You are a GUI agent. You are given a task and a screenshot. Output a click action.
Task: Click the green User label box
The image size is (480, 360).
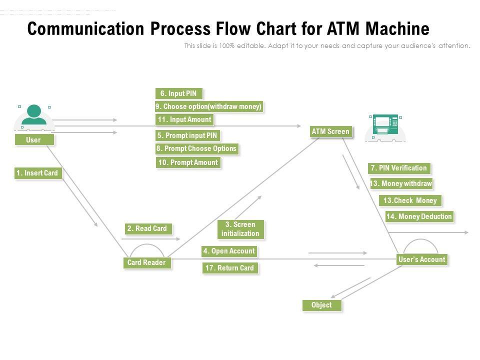point(33,140)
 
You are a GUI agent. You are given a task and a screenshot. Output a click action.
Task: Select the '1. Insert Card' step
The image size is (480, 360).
point(37,173)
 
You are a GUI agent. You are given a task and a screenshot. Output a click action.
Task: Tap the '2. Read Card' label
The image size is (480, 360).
point(147,228)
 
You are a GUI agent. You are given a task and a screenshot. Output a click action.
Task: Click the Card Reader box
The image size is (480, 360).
point(146,262)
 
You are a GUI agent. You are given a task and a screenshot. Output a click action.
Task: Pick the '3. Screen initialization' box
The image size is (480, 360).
point(240,229)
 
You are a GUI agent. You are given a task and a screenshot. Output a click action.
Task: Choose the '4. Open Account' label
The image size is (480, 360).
point(229,251)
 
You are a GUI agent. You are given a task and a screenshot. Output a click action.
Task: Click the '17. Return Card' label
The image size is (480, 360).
point(230,268)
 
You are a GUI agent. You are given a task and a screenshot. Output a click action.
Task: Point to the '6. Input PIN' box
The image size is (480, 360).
point(179,93)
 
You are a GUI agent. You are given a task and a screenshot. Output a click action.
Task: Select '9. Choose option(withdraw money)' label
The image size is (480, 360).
point(208,106)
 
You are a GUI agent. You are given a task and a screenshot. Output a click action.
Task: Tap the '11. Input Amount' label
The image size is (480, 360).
point(185,119)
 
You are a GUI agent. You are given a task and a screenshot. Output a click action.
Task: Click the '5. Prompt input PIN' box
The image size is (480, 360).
point(187,135)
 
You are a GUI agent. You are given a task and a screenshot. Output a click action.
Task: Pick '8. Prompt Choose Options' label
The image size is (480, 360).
point(196,148)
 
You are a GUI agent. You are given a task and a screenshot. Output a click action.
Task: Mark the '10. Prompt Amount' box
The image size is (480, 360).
point(188,162)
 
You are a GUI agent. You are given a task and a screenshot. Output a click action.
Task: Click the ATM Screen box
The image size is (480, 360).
point(330,131)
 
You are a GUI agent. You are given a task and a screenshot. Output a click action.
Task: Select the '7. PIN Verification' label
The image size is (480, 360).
point(399,168)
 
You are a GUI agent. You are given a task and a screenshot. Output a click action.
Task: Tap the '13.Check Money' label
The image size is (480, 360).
point(410,200)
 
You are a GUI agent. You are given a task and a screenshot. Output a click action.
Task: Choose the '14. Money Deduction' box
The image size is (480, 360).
point(419,216)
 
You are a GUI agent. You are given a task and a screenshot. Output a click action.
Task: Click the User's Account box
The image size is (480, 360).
point(421,259)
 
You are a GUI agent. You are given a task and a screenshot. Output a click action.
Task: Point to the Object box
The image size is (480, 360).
point(321,305)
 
